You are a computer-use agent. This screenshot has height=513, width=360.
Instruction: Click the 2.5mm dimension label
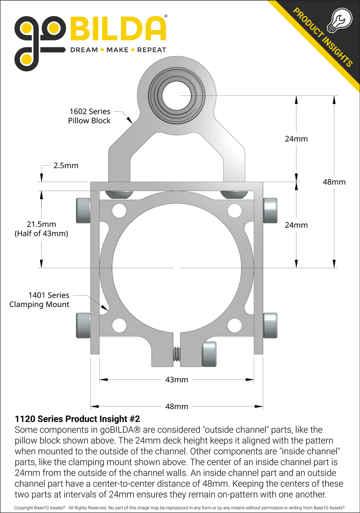pyautogui.click(x=66, y=166)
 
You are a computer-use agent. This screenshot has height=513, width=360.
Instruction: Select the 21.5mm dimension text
pyautogui.click(x=41, y=225)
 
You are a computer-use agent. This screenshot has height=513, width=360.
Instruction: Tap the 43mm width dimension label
pyautogui.click(x=176, y=379)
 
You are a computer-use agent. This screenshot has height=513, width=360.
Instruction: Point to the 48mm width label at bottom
pyautogui.click(x=176, y=406)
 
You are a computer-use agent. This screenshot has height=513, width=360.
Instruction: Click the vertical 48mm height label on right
pyautogui.click(x=334, y=182)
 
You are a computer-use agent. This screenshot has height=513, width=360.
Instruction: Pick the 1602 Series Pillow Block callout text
pyautogui.click(x=89, y=116)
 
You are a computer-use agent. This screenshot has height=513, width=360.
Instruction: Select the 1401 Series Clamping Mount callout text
pyautogui.click(x=39, y=300)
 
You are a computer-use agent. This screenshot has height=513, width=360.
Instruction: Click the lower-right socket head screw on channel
pyautogui.click(x=270, y=325)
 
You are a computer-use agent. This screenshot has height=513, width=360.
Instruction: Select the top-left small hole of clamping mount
pyautogui.click(x=119, y=211)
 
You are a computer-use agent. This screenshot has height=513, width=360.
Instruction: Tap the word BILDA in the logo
pyautogui.click(x=117, y=29)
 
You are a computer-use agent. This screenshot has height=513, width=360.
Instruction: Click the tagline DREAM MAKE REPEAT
pyautogui.click(x=118, y=50)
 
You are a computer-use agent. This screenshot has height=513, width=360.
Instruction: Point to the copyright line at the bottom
pyautogui.click(x=180, y=508)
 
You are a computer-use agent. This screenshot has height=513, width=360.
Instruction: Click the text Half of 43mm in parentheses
pyautogui.click(x=41, y=234)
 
